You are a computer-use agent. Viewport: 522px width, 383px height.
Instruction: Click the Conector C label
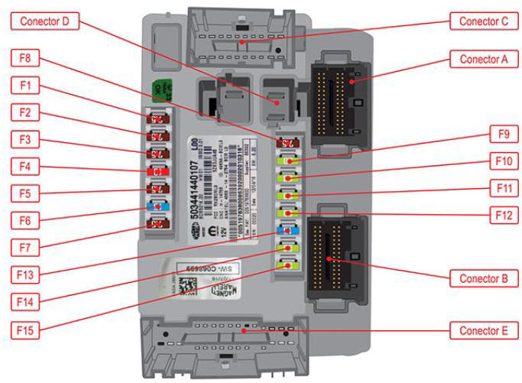click(484, 21)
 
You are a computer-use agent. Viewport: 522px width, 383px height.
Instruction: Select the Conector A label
click(484, 59)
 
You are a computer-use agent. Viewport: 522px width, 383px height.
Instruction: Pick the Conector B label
click(484, 279)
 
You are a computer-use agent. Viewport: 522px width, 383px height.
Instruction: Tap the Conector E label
click(484, 331)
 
